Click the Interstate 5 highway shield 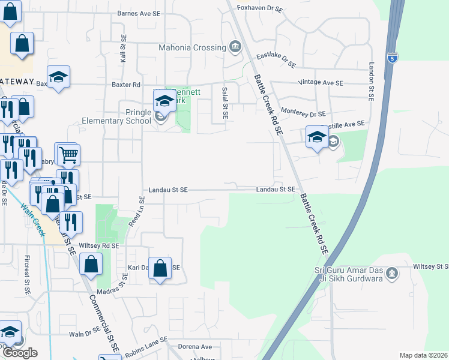(x=392, y=58)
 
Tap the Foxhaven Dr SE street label (x=259, y=8)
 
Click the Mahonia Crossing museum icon (x=235, y=47)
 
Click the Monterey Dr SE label (x=303, y=113)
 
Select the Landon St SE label (x=372, y=81)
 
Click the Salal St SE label (x=225, y=102)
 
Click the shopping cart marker (x=68, y=155)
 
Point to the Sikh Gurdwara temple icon (x=392, y=274)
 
